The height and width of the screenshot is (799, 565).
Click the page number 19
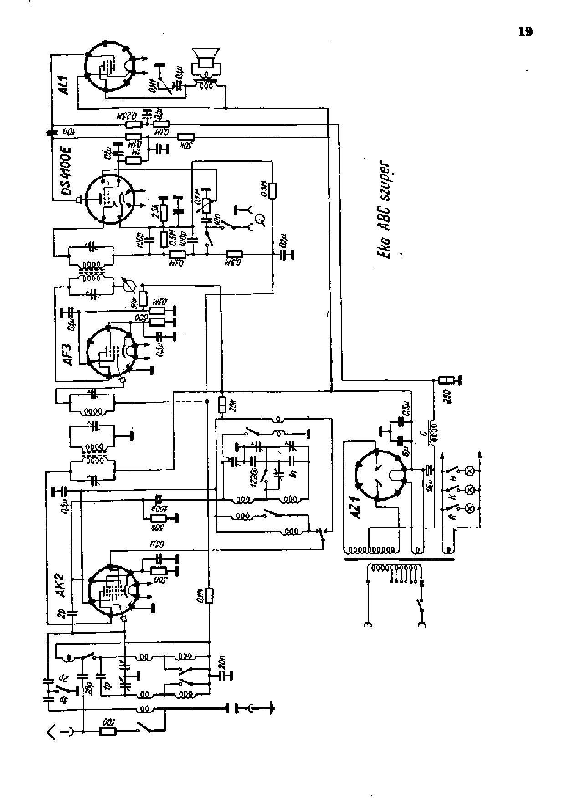(525, 32)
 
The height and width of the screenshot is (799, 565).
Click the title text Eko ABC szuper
(385, 210)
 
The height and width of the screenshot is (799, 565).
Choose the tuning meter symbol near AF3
(130, 286)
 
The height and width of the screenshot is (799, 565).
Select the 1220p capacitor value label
(254, 476)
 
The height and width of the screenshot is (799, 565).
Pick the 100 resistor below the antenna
(108, 732)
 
